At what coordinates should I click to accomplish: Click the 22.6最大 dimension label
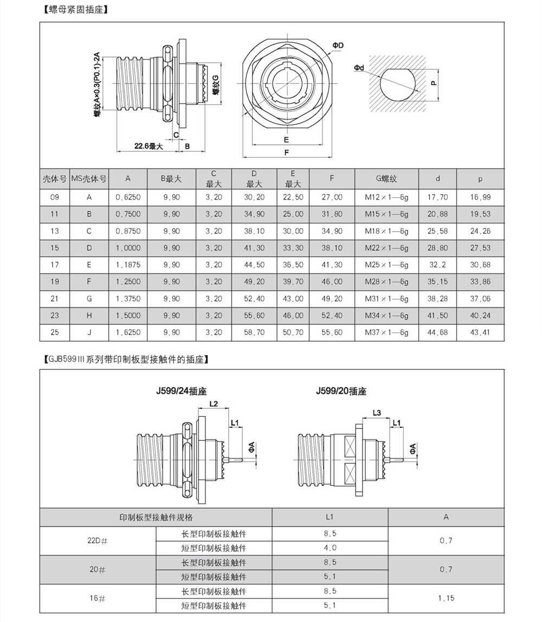(x=149, y=146)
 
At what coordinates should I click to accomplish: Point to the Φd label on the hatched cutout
(x=359, y=67)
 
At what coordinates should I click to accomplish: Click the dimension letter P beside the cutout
(x=434, y=83)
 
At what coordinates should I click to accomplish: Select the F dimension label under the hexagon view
(x=286, y=153)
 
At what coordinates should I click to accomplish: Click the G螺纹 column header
(x=386, y=178)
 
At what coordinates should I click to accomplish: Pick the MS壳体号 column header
(x=89, y=178)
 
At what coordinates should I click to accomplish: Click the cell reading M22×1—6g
(x=386, y=248)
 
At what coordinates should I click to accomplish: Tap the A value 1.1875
(x=128, y=265)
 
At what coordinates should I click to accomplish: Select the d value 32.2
(x=437, y=265)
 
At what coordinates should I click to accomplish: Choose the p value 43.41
(x=480, y=332)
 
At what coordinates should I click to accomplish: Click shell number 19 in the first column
(x=54, y=281)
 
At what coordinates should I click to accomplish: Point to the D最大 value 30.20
(x=254, y=197)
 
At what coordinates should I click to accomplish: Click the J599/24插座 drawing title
(x=183, y=391)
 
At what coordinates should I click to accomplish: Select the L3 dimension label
(x=377, y=413)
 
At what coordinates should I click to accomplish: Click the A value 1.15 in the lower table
(x=446, y=598)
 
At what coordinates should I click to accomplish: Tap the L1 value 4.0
(x=330, y=548)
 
